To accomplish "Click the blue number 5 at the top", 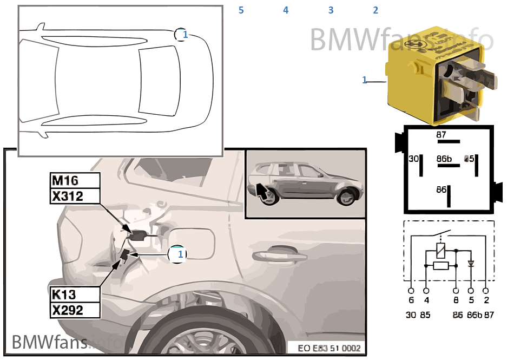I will [241, 10].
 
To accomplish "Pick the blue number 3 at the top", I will [331, 10].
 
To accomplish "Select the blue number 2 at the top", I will [375, 10].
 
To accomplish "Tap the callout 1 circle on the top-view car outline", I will [183, 34].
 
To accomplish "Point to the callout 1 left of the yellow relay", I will [364, 80].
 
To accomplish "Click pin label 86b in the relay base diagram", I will [444, 159].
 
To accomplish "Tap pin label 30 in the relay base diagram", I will [413, 159].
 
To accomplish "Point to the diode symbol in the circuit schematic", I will [471, 264].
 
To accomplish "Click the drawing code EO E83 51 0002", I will [330, 348].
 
